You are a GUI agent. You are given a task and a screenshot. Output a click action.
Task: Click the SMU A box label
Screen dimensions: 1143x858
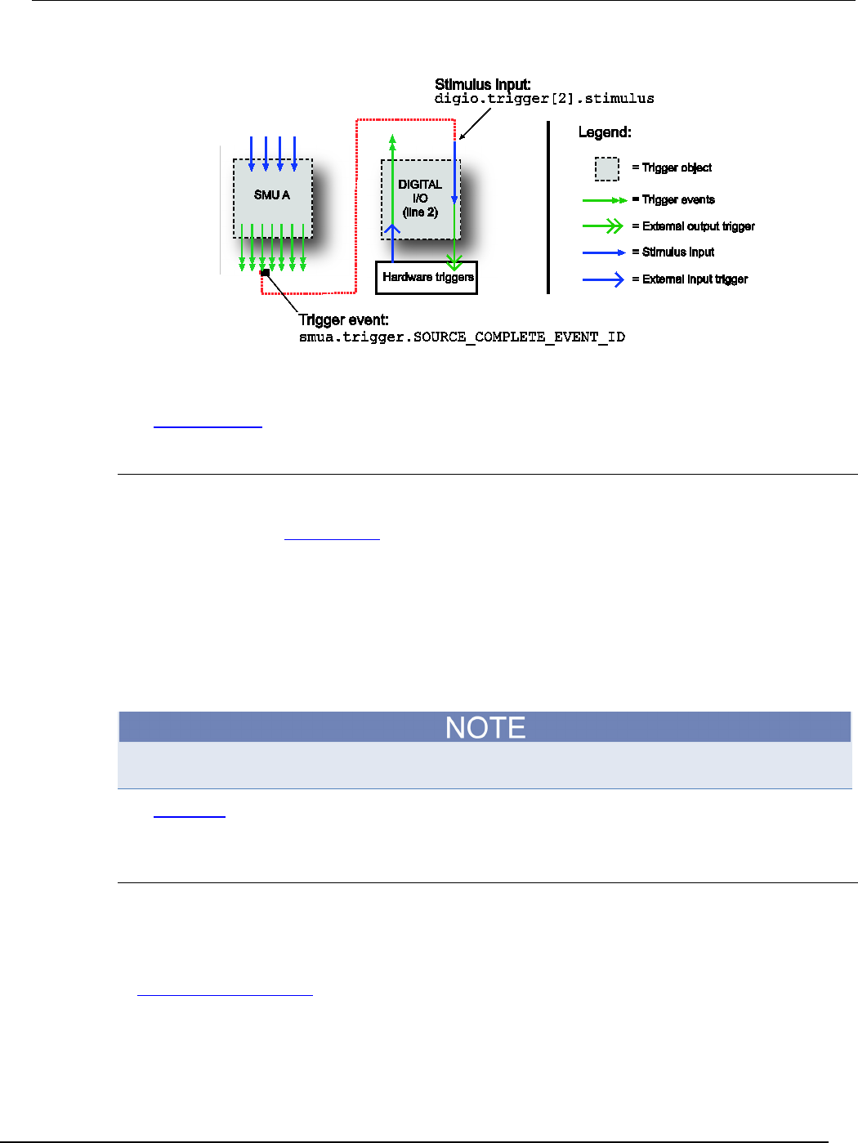[x=272, y=195]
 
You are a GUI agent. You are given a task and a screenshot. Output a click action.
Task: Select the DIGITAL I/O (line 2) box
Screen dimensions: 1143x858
[x=420, y=199]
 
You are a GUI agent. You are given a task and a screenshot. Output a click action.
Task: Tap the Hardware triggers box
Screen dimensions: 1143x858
[x=427, y=277]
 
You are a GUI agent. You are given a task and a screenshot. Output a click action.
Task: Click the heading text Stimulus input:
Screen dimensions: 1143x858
[x=482, y=84]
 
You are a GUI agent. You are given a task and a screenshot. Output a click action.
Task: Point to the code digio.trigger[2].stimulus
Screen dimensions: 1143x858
[x=544, y=99]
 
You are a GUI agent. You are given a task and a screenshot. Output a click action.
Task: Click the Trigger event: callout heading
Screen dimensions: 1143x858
[x=343, y=320]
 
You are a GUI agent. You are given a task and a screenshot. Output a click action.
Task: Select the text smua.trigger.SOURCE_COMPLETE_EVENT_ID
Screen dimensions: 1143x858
[x=462, y=337]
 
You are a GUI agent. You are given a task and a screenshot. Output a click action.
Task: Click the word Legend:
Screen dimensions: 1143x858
[x=605, y=132]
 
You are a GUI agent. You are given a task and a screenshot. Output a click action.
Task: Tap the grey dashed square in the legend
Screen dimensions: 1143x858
[x=606, y=168]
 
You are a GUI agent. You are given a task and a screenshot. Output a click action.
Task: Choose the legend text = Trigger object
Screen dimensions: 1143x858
[x=672, y=167]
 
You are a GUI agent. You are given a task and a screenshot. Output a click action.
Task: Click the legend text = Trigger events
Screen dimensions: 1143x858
[x=673, y=199]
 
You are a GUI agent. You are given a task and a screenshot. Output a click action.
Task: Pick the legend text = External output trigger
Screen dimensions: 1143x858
[x=693, y=226]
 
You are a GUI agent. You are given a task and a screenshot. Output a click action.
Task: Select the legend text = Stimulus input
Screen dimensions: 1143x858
[x=673, y=252]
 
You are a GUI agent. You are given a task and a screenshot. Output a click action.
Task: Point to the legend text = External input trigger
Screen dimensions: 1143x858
[x=690, y=279]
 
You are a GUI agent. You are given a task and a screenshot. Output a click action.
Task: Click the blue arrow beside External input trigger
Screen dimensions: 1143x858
[x=603, y=279]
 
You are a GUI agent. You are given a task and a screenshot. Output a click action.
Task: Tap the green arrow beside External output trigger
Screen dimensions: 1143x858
[x=603, y=226]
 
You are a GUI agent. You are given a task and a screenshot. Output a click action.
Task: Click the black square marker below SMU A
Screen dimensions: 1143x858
[x=264, y=272]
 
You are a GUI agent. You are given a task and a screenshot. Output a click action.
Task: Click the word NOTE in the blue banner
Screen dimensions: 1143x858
[x=485, y=727]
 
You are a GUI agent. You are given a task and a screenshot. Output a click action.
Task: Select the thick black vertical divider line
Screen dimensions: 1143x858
[x=548, y=207]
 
